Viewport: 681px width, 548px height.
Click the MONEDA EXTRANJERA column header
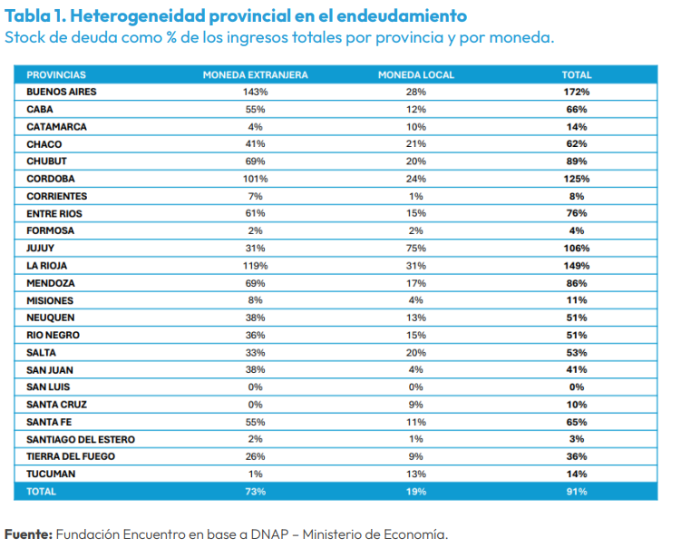coord(256,74)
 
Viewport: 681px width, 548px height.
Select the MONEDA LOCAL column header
coord(416,74)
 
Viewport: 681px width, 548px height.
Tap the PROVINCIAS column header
coord(56,74)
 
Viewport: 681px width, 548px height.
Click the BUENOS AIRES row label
coord(62,92)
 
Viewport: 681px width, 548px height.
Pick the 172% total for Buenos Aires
coord(577,92)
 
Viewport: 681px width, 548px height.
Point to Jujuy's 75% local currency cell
coord(416,249)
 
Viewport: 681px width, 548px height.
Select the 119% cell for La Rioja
coord(256,266)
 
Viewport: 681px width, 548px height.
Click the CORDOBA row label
coord(51,179)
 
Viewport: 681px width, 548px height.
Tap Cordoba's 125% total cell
coord(577,179)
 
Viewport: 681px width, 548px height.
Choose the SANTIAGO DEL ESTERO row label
coord(81,439)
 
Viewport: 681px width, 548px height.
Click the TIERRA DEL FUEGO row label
coord(71,456)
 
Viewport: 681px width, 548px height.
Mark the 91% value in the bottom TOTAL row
coord(577,492)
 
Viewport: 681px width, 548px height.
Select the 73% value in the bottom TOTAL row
coord(256,492)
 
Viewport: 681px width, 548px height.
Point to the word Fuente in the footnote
coord(28,534)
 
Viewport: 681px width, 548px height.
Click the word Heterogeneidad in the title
coord(138,16)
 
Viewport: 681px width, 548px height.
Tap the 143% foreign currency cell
coord(256,92)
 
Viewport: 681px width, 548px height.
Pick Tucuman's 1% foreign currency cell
coord(256,474)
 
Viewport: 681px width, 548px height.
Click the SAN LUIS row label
coord(48,387)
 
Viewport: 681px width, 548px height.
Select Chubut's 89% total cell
coord(577,161)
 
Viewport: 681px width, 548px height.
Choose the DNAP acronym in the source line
coord(269,534)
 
